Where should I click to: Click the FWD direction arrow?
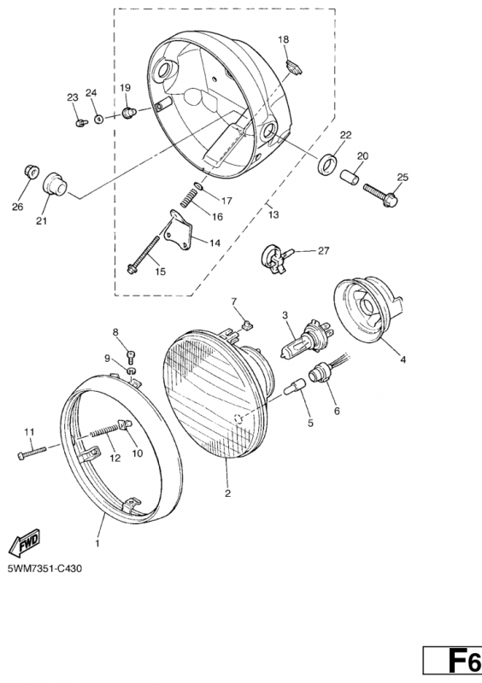click(x=25, y=542)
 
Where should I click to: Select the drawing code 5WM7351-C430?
click(x=44, y=569)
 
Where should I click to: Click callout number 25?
click(x=403, y=177)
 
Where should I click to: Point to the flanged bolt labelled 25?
click(x=380, y=196)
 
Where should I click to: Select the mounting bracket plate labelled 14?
click(x=179, y=230)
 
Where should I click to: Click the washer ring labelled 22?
click(x=328, y=164)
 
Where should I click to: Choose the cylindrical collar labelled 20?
click(x=350, y=178)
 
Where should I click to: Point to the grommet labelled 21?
click(x=55, y=184)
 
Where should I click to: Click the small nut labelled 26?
click(x=31, y=171)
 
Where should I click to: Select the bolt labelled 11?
click(x=32, y=452)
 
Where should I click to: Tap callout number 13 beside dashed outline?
click(x=273, y=214)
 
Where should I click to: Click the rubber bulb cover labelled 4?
click(x=367, y=308)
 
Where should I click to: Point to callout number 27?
click(x=323, y=250)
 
